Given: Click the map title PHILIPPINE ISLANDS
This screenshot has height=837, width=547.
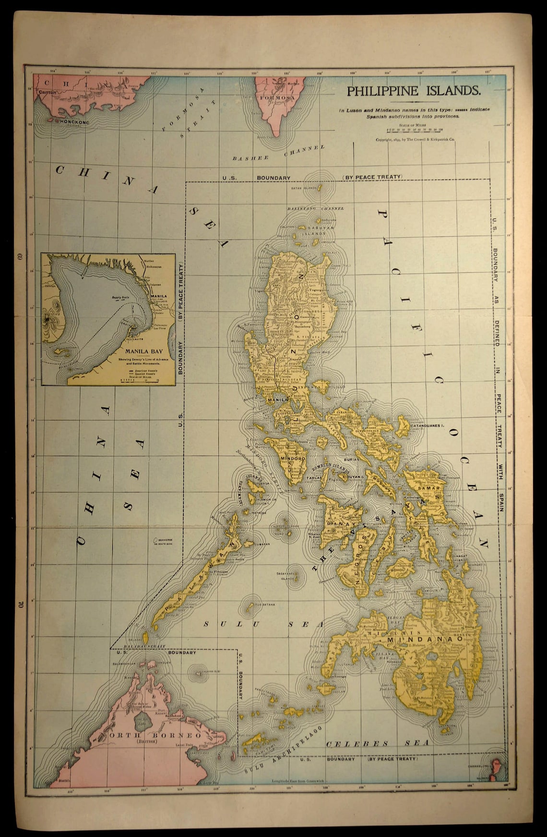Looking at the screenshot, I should tap(413, 90).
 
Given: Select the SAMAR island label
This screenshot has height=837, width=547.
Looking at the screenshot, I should tap(425, 488).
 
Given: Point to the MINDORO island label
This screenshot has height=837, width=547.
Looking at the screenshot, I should tap(293, 459).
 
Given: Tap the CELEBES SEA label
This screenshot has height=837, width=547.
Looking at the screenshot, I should tap(377, 743).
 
